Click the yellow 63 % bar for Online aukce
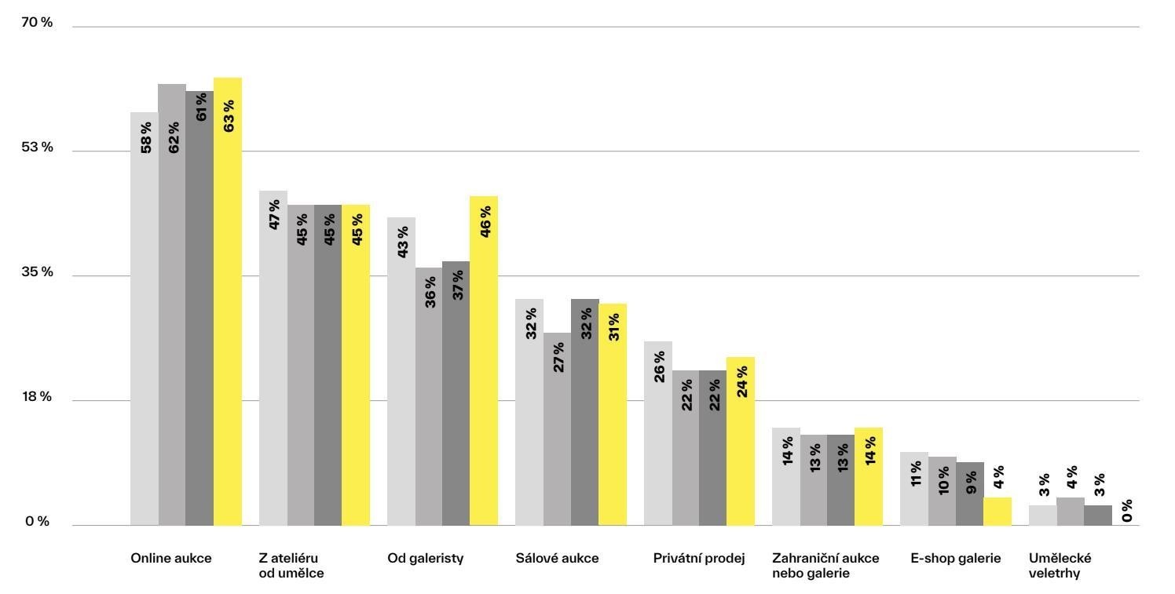(228, 301)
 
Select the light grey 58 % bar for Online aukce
(145, 319)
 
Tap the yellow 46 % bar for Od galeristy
(484, 361)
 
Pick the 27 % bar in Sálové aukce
(557, 429)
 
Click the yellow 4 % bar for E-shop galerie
(997, 511)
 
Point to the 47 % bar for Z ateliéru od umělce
(273, 358)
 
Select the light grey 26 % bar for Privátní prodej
(658, 433)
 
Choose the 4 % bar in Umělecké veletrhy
(1070, 511)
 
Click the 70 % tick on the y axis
(37, 23)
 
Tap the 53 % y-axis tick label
(37, 148)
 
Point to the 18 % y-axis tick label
(37, 397)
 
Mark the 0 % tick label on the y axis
(37, 522)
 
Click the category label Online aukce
(171, 559)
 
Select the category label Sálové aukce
(557, 559)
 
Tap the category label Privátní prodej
(699, 559)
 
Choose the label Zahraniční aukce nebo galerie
(825, 566)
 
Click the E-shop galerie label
(956, 559)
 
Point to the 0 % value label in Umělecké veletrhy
(1127, 511)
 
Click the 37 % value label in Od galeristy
(457, 285)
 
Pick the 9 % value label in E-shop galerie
(971, 483)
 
